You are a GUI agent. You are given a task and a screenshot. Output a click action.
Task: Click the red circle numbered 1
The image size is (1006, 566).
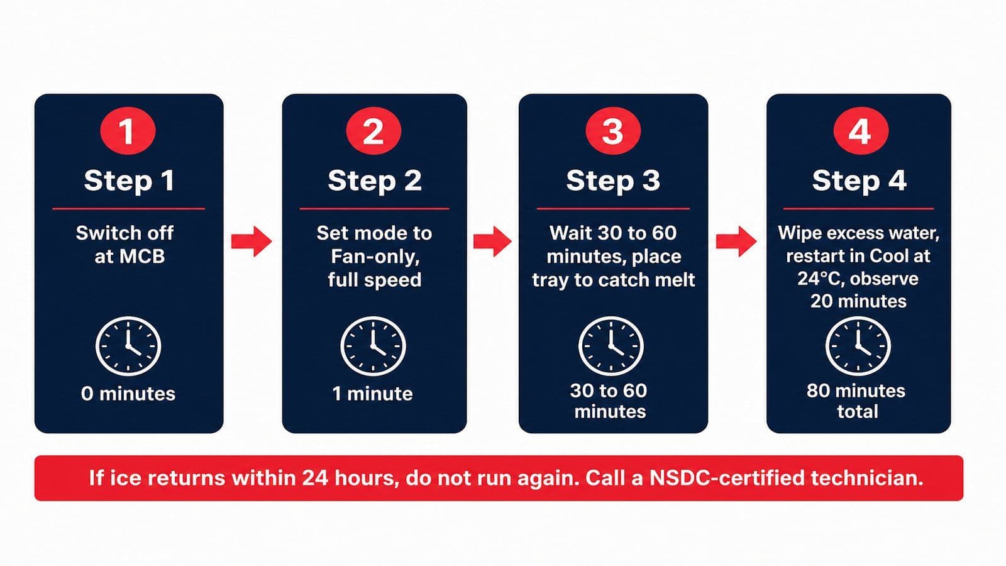128,131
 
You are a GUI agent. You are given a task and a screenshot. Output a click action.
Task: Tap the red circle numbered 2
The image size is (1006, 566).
373,131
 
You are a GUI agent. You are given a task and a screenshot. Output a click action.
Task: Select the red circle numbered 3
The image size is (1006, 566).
613,131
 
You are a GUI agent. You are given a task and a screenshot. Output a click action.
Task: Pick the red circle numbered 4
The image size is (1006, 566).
861,131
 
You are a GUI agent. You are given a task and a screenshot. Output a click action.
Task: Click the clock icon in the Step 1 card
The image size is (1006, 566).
128,347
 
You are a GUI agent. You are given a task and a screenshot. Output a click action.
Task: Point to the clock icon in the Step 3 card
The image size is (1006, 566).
611,347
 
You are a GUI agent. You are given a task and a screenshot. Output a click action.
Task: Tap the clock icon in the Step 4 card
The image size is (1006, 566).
858,347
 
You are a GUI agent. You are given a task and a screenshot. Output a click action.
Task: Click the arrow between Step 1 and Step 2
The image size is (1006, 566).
251,241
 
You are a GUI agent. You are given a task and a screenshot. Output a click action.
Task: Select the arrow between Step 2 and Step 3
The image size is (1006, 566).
492,241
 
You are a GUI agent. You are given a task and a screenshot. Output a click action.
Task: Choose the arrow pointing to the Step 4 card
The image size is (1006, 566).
736,241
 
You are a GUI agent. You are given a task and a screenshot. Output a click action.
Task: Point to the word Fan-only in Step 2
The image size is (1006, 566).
375,257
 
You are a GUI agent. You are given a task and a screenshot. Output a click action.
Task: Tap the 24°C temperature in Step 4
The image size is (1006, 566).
821,279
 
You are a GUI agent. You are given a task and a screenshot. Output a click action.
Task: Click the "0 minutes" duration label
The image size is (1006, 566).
128,394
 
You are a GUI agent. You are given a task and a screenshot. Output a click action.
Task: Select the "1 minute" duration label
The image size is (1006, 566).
372,394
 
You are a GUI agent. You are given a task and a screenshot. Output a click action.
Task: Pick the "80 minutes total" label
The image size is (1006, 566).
856,401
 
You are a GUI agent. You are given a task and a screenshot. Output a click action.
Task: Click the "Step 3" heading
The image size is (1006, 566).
613,180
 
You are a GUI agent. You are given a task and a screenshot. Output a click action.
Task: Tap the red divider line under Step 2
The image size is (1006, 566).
374,208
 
